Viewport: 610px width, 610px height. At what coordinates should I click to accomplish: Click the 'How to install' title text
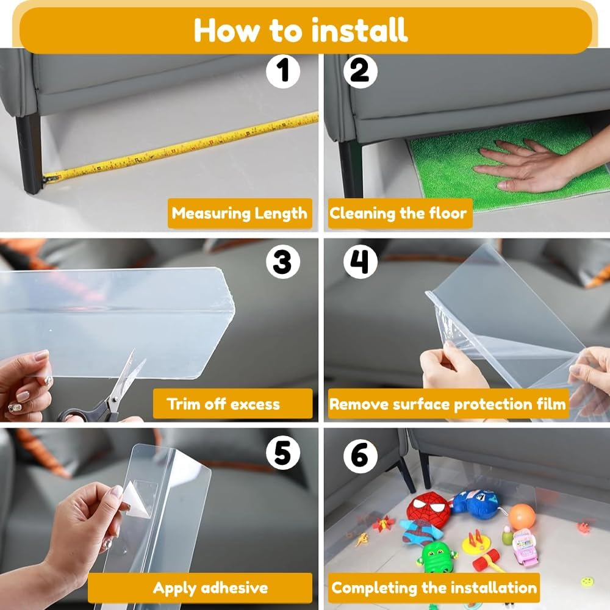(300, 29)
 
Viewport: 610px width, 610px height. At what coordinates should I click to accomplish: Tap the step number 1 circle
(283, 71)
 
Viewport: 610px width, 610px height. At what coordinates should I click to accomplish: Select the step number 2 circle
(360, 71)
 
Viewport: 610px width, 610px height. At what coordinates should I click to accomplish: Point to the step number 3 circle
(283, 262)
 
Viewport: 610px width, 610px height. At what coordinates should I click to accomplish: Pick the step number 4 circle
(360, 262)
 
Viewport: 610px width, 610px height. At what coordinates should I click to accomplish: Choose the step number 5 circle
(283, 453)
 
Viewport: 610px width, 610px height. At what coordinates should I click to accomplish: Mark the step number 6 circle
(360, 456)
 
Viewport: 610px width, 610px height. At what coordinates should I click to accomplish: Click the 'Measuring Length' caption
(240, 213)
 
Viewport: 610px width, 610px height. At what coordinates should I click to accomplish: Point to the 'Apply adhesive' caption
(210, 588)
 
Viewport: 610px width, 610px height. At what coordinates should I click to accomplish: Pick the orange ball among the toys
(522, 517)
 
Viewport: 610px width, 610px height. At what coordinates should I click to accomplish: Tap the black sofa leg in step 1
(28, 154)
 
